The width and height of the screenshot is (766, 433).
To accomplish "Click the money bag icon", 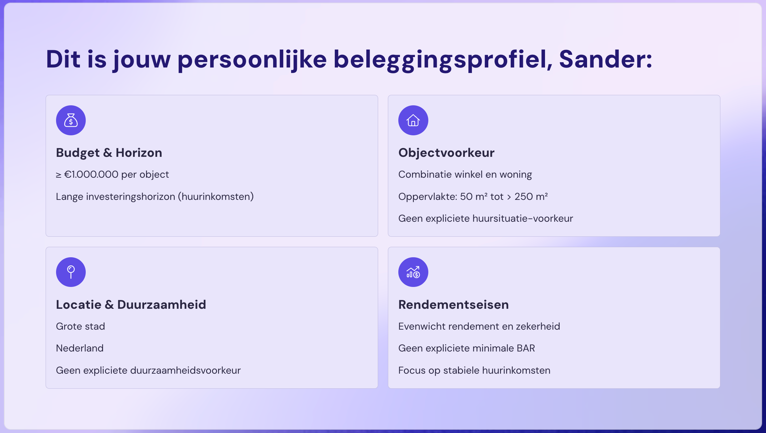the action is (x=71, y=120).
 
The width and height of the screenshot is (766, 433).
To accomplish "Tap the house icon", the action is (x=413, y=120).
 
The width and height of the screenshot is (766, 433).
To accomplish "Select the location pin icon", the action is (x=71, y=272).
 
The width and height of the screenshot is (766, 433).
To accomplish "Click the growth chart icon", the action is (x=413, y=272).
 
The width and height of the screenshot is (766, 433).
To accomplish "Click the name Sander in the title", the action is (x=606, y=59).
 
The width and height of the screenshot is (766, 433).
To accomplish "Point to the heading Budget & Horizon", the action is (x=109, y=153).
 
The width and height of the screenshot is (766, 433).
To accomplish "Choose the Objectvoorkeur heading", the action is (x=446, y=153).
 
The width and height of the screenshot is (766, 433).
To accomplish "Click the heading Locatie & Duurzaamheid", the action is (x=131, y=305).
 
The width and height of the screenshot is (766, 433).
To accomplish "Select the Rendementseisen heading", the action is (x=453, y=305).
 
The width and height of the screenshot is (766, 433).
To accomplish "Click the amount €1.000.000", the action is (x=91, y=174).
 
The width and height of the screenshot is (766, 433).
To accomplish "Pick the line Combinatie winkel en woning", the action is (x=465, y=174).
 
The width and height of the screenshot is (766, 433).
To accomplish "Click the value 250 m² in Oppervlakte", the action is (x=531, y=197).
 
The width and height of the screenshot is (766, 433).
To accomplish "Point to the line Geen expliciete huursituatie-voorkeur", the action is (x=485, y=218).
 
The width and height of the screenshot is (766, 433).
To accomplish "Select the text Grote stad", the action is (x=81, y=326).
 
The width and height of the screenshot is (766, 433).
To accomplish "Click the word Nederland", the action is (x=80, y=348).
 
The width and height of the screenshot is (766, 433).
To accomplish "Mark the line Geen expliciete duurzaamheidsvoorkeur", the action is (x=148, y=370).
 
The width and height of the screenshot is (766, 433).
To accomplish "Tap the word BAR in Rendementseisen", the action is (x=526, y=348).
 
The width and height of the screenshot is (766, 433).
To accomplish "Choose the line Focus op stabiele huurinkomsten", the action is (x=474, y=370).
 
